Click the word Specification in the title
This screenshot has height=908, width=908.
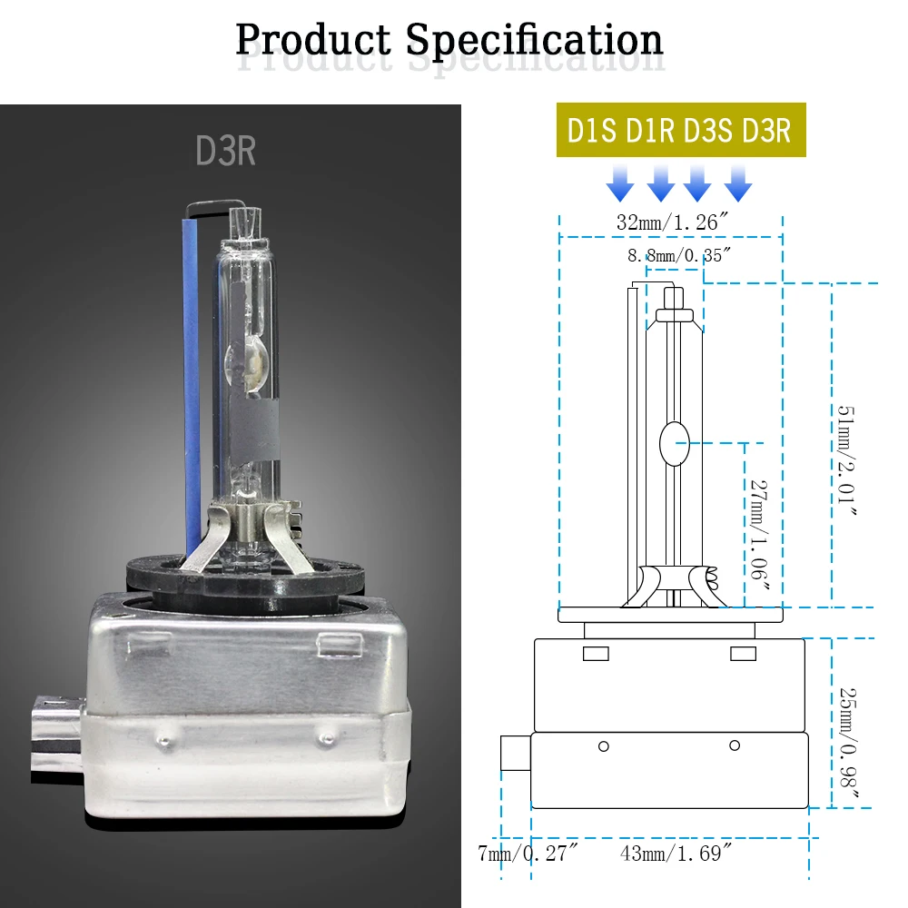tap(534, 42)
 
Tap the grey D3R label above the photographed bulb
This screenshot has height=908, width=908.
tap(225, 151)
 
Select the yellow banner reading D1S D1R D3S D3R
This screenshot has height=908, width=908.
tap(681, 130)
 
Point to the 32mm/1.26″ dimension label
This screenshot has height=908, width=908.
tap(672, 222)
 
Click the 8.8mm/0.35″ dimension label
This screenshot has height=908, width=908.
tap(678, 255)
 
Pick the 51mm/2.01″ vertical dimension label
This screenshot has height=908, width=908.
tap(846, 460)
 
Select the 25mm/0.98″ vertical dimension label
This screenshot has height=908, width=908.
tap(848, 745)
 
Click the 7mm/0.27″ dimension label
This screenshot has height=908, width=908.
tap(528, 853)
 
